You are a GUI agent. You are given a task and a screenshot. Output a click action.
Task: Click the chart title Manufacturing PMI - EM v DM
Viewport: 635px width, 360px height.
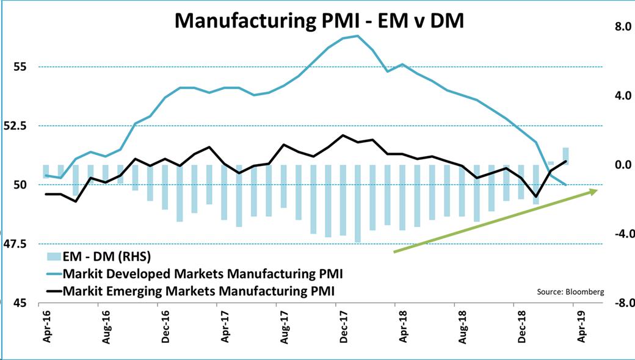319,21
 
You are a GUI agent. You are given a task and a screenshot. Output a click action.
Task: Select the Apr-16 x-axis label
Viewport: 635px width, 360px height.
48,327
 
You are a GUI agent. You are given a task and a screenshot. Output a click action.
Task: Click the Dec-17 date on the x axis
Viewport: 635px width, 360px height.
344,327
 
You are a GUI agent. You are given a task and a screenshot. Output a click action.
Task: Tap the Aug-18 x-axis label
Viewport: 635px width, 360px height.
463,327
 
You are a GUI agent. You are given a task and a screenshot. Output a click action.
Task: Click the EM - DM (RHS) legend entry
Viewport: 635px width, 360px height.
99,256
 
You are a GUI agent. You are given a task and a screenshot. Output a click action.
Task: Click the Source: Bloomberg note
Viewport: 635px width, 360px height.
570,292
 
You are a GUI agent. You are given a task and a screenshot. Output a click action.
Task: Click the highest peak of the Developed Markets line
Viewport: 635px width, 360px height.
358,35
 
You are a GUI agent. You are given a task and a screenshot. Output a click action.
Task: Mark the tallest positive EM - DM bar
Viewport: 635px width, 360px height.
566,156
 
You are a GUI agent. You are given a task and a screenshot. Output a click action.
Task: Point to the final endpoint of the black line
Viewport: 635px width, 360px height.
566,162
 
